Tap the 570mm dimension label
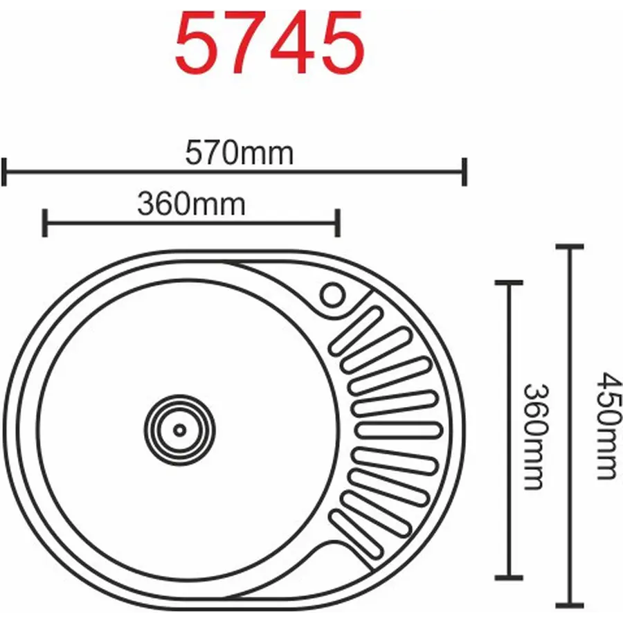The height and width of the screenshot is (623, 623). [x=240, y=153]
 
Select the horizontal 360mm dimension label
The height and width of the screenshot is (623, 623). [x=191, y=204]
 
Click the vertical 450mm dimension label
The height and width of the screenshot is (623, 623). [x=606, y=426]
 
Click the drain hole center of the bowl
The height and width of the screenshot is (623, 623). [x=180, y=429]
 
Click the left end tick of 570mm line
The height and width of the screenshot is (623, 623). [x=4, y=172]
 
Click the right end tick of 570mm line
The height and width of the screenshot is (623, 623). [x=464, y=172]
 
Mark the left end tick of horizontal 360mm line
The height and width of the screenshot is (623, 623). [x=44, y=222]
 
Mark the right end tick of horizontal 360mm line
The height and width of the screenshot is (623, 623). [x=338, y=222]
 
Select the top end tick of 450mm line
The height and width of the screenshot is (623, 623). [x=570, y=246]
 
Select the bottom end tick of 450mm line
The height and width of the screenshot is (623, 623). [x=570, y=604]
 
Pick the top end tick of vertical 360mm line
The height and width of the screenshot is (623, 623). [x=509, y=282]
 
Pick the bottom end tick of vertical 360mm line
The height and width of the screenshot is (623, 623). [x=509, y=576]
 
